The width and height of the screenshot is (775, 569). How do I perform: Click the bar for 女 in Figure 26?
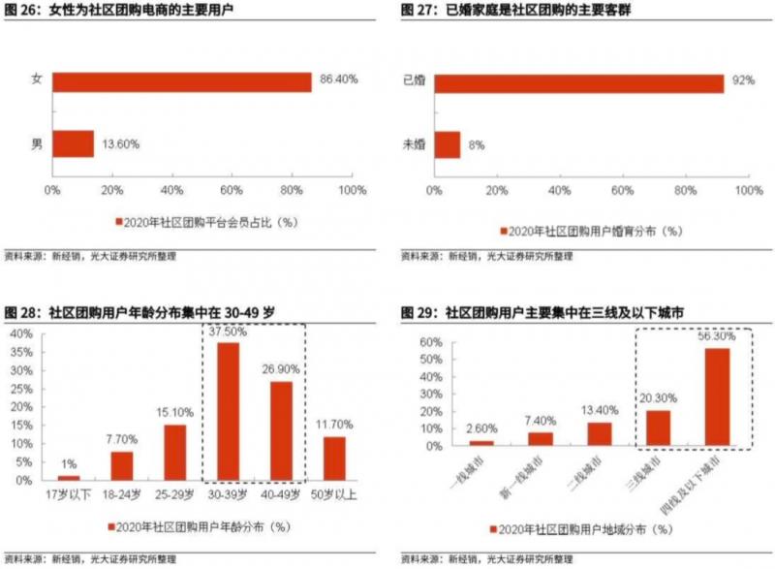point(182,82)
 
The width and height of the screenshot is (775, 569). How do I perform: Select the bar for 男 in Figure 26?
point(73,143)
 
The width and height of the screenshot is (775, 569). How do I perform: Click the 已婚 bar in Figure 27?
point(578,82)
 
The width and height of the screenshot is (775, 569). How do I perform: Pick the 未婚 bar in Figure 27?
point(448,144)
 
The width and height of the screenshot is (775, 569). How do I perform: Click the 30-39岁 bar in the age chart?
point(229,411)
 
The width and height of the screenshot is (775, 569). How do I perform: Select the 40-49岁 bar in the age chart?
point(282,430)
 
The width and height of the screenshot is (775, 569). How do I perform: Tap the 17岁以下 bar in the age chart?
point(69,477)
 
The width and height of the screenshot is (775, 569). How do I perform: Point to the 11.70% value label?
point(335,425)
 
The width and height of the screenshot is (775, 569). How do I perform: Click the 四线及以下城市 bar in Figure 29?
point(717,396)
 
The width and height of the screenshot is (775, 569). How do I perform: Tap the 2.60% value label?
point(481,427)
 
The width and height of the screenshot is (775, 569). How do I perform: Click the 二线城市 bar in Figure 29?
point(600,433)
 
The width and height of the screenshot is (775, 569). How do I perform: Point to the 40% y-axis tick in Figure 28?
point(20,332)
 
